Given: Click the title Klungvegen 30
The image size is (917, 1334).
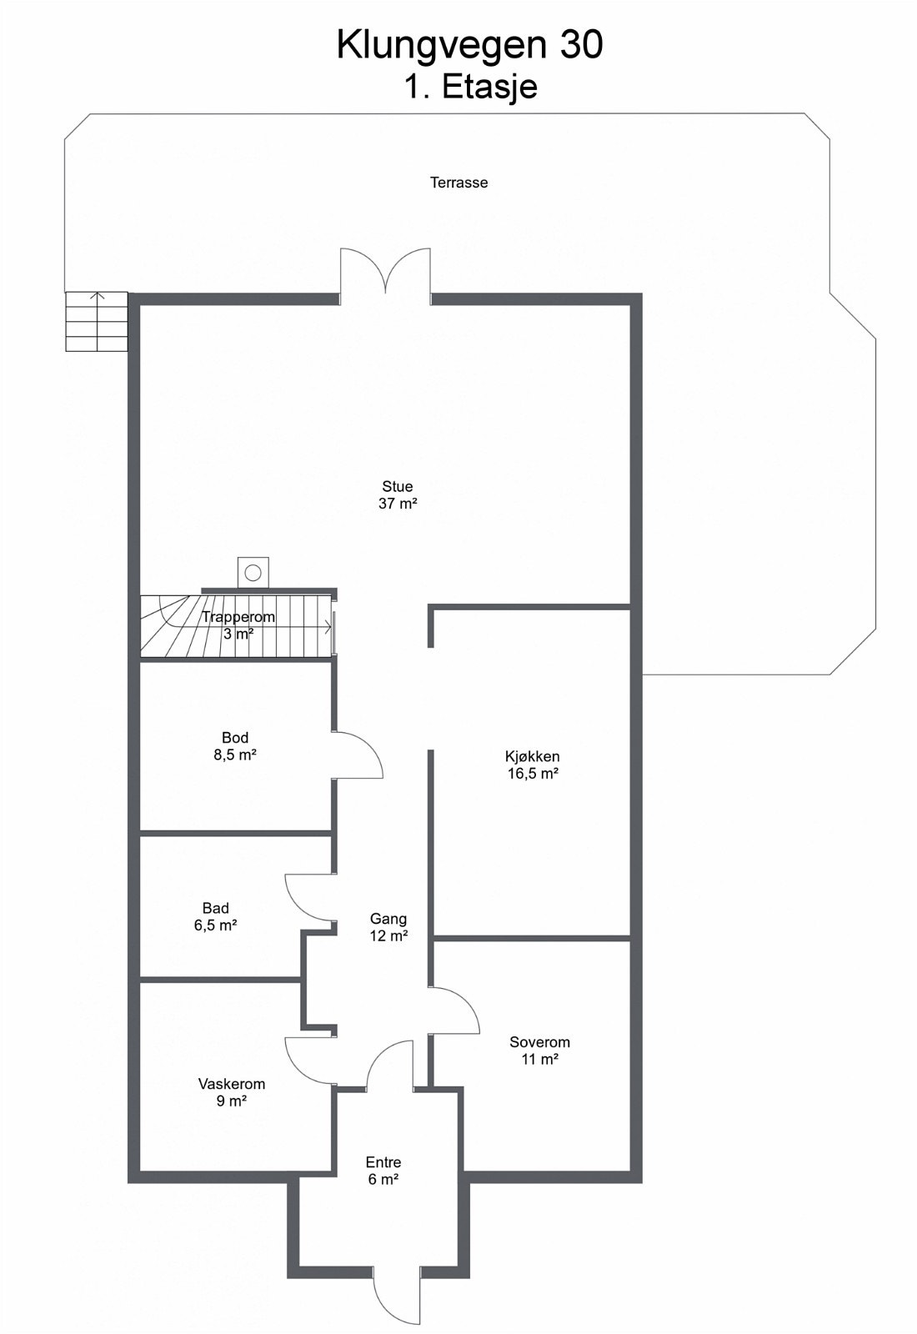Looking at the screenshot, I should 469,45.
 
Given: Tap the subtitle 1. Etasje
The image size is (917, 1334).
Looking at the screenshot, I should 470,87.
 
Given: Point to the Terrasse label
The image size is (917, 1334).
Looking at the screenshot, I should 458,183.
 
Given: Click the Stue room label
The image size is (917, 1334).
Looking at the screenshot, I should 398,486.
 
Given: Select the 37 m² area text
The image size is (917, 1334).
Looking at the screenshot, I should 398,504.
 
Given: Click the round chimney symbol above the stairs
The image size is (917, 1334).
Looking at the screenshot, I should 253,573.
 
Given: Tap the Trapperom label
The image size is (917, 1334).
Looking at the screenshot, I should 238,618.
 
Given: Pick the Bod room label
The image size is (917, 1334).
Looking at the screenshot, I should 235,738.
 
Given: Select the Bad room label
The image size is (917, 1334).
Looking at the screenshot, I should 216,908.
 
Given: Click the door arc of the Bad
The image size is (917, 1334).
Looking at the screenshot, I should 307,899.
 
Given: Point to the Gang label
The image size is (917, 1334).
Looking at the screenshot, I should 388,919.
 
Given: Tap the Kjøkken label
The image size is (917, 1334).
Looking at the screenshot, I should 533,757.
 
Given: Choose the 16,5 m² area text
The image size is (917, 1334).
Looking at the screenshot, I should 533,774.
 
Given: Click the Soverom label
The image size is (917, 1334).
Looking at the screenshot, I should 540,1042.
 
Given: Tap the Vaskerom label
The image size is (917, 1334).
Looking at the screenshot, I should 232,1084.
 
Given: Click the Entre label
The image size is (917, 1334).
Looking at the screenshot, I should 383,1162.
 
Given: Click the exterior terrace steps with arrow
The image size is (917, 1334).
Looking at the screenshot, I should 97,321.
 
